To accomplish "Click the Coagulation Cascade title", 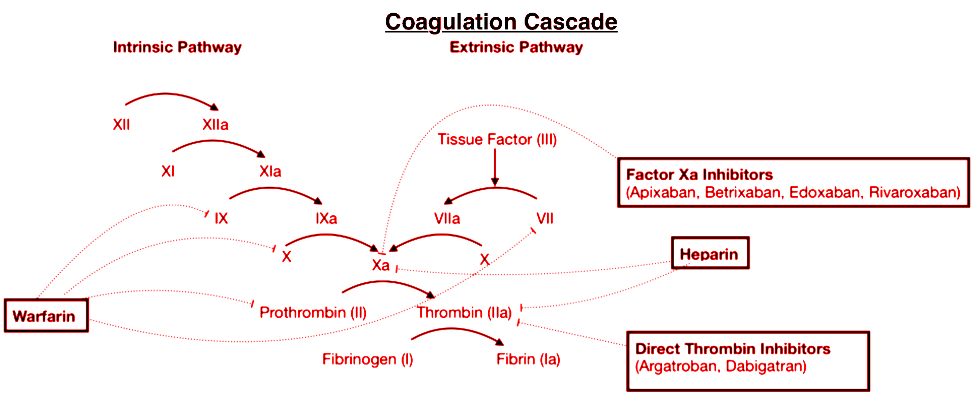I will click(501, 22).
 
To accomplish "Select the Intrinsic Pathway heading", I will click(177, 47).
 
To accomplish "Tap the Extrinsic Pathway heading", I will click(516, 47).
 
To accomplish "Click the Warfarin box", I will click(46, 316).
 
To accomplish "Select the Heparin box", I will click(710, 253).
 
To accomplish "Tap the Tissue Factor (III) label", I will click(497, 139).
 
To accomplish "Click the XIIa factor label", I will click(215, 124).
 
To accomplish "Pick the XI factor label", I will click(168, 171).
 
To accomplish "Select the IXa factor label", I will click(326, 218).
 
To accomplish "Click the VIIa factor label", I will click(447, 218).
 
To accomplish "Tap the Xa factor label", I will click(380, 265).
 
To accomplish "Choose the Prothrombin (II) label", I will click(313, 312).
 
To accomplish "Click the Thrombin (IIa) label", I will click(464, 312).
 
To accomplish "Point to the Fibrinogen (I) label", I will click(368, 359).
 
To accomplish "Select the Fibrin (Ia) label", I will click(528, 359).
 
